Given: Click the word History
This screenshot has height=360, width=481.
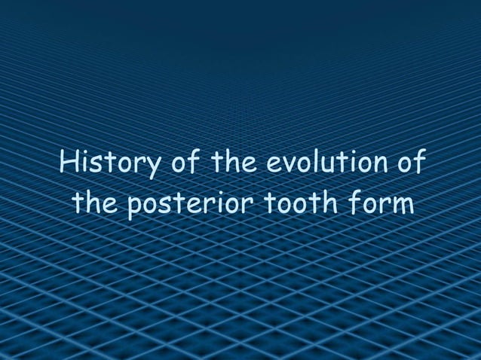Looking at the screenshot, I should coord(108,163).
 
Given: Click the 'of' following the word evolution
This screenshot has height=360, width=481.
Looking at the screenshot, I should coord(408,162).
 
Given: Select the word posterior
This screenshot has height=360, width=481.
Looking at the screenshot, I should coord(188,204).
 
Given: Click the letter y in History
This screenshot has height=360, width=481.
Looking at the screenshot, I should coord(149,167).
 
